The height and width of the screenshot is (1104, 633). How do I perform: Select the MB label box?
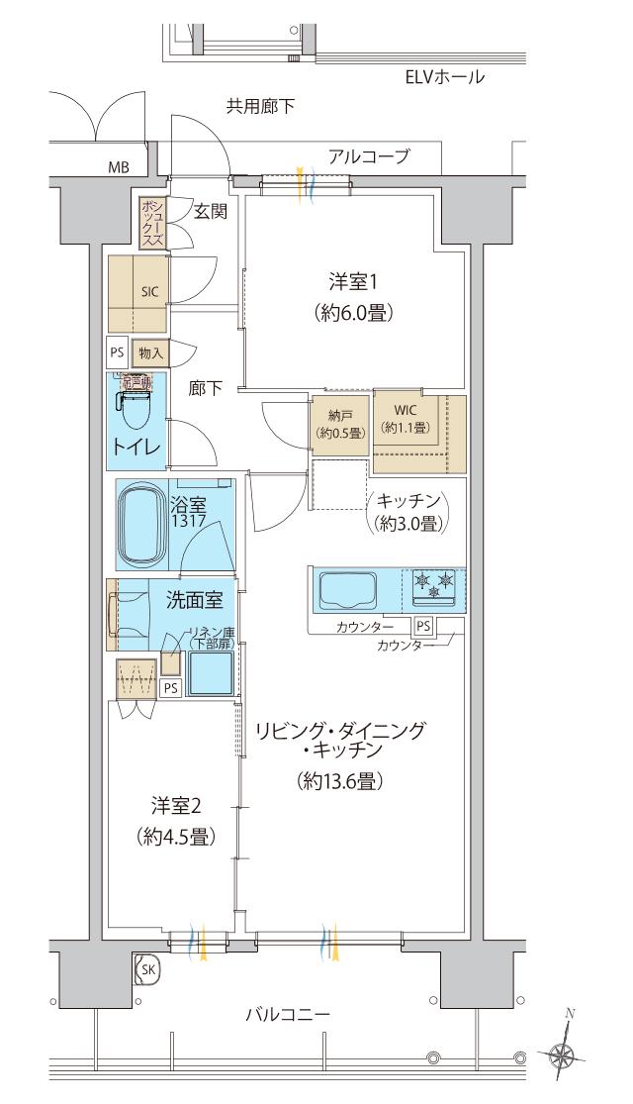[x=119, y=166]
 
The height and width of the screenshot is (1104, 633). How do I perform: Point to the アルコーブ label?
[x=369, y=155]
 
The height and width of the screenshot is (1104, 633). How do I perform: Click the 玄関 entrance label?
[x=209, y=210]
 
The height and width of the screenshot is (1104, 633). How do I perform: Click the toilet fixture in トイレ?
[x=135, y=404]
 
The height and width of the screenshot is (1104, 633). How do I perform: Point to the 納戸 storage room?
[x=339, y=424]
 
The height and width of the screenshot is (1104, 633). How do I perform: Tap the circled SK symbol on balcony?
[x=146, y=970]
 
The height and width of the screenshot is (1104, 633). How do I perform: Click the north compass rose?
[x=565, y=1055]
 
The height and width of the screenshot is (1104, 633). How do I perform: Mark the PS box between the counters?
[x=423, y=625]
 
